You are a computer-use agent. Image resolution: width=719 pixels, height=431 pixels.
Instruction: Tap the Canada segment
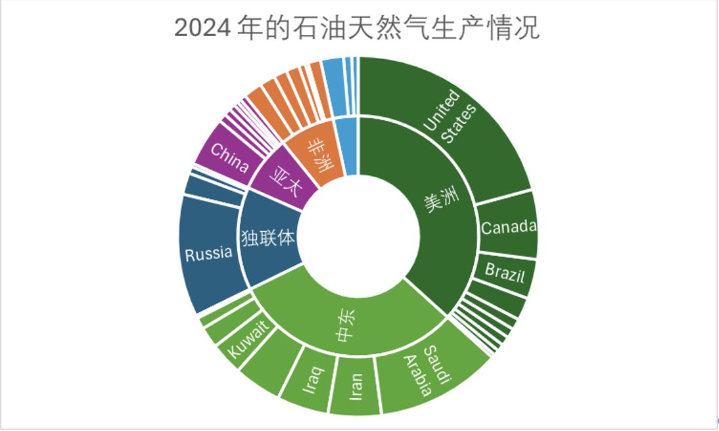click(x=507, y=227)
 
